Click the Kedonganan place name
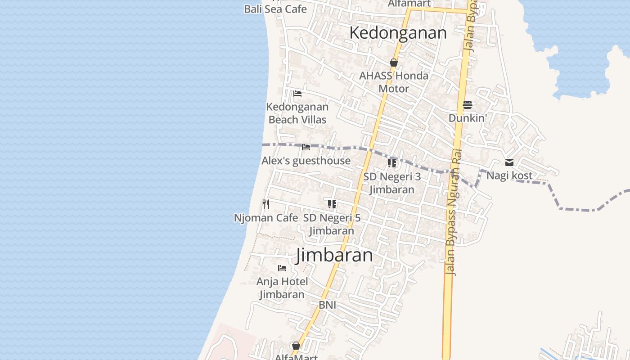398,33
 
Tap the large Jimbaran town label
334,255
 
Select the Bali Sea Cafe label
275,9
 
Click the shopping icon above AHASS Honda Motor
394,63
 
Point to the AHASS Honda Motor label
394,82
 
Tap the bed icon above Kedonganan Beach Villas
297,94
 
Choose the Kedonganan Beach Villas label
297,113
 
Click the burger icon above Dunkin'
468,105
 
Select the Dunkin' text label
468,118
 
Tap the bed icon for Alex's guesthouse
306,147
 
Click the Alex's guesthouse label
306,161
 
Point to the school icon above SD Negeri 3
392,163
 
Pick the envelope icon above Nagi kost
509,162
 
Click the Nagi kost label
509,175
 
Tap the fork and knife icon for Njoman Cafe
266,204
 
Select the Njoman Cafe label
266,218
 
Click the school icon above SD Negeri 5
332,204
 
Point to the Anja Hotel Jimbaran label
282,288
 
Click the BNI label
328,305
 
